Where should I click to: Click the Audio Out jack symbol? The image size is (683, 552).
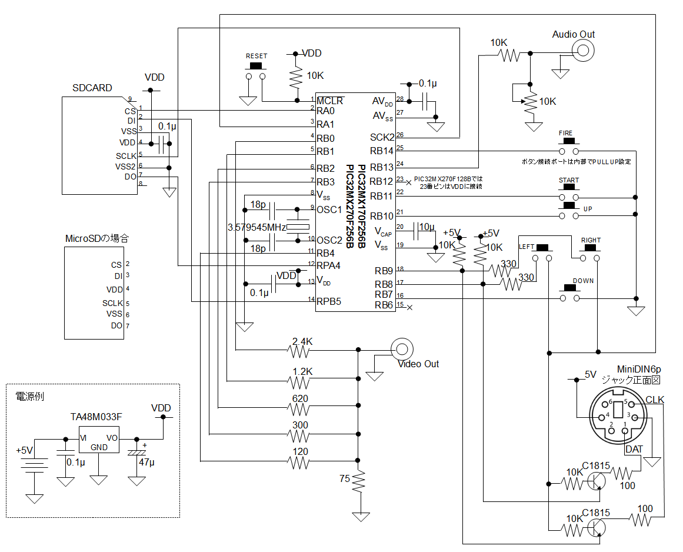(583, 51)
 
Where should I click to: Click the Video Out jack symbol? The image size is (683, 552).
(402, 349)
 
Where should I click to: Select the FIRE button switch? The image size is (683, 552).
(569, 147)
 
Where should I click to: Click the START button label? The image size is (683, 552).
(569, 180)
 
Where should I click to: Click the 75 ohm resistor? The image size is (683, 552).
(358, 483)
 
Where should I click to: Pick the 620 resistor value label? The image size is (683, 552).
(300, 398)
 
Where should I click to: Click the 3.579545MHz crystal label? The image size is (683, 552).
(256, 227)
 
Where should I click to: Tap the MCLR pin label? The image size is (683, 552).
(330, 100)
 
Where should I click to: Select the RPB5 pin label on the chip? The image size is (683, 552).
(329, 301)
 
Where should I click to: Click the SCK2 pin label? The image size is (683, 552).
(382, 137)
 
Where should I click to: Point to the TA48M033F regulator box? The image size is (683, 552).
(99, 440)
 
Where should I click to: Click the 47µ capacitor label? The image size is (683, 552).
(147, 462)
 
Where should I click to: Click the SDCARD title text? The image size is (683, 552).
(92, 88)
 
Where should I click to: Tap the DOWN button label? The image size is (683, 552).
(583, 281)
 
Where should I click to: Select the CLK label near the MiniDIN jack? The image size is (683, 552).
(655, 400)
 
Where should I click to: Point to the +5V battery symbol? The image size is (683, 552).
(34, 465)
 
